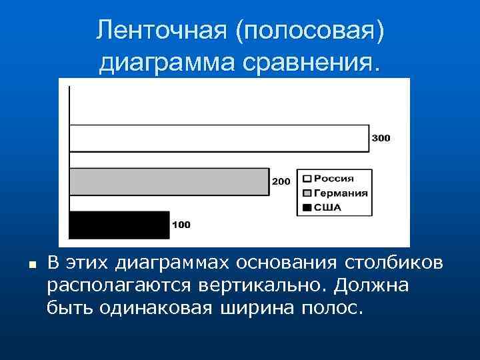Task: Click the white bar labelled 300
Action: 219,138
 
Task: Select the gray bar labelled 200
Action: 169,181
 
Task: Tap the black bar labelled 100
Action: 119,225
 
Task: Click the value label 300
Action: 381,138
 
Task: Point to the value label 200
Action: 281,181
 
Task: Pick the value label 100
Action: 181,225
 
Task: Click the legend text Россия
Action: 334,179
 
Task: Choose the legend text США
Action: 327,207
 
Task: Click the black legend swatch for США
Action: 307,207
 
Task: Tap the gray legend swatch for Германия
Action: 307,193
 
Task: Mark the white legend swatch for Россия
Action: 307,179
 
